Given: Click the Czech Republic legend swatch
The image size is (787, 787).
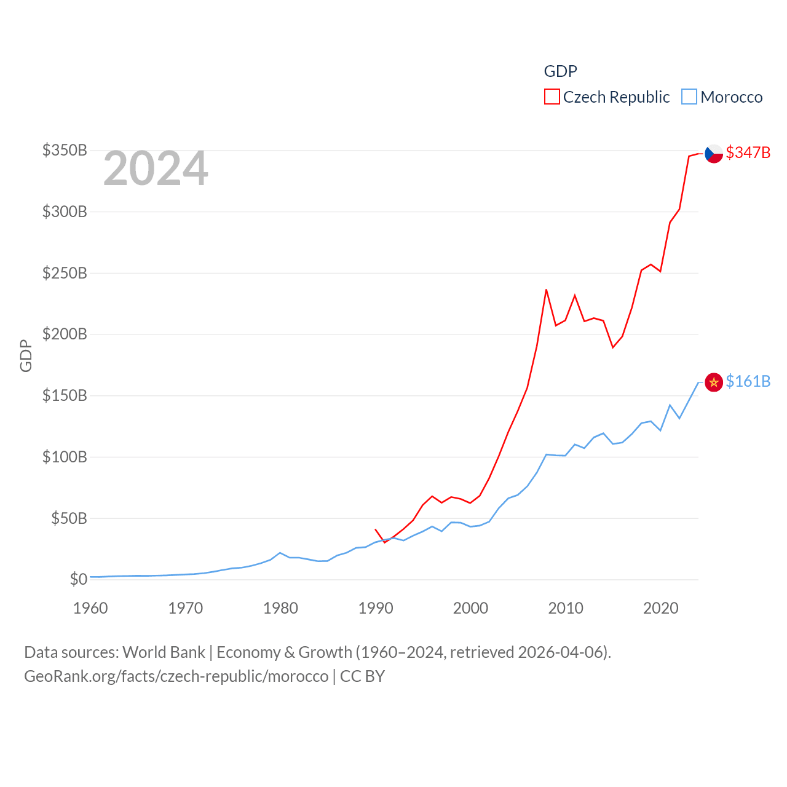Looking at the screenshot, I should click(552, 97).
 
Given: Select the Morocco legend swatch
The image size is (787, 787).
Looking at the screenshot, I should click(689, 97).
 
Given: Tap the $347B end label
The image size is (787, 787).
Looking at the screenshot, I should click(748, 152).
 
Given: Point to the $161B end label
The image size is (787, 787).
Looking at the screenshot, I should click(748, 381).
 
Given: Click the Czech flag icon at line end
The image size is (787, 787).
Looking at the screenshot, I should click(714, 153).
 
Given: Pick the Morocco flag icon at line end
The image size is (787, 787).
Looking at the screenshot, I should click(714, 382).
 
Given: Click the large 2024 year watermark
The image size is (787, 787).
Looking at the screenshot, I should click(156, 168).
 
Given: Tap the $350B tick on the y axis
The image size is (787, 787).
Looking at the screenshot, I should click(65, 151).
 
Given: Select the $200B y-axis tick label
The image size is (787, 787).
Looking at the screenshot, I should click(65, 334).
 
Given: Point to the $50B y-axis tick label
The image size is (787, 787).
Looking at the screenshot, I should click(69, 518).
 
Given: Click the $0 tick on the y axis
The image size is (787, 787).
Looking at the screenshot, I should click(79, 579).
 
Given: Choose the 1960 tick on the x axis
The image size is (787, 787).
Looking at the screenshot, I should click(90, 608).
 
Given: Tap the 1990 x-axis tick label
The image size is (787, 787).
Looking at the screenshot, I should click(376, 608).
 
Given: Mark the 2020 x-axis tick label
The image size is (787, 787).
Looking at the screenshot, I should click(660, 608).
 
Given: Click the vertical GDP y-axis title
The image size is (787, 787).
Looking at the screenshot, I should click(26, 355).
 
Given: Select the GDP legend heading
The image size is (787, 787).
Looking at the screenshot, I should click(560, 71).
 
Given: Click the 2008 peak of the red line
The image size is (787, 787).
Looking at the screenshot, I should click(546, 290).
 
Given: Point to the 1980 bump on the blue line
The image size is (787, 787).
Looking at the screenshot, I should click(280, 553).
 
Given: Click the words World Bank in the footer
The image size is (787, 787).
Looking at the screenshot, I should click(164, 652).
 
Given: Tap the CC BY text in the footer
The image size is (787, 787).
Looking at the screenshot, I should click(362, 676).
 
